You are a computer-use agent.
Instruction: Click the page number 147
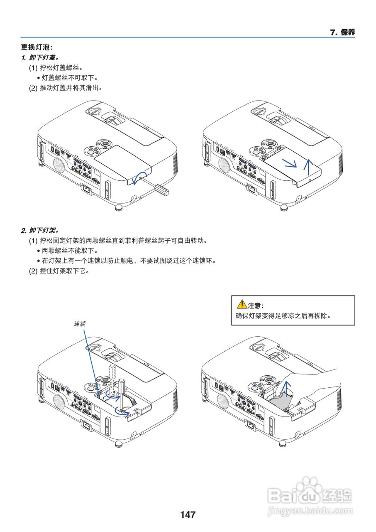pos(188,515)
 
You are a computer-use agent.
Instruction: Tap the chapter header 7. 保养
pos(342,32)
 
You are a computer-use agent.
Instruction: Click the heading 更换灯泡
pos(37,47)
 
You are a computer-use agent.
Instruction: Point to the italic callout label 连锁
pos(80,323)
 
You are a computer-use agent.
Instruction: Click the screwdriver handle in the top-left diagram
pos(162,190)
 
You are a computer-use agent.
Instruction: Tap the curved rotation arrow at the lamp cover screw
pos(139,177)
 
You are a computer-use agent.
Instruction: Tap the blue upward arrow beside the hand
pos(285,389)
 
